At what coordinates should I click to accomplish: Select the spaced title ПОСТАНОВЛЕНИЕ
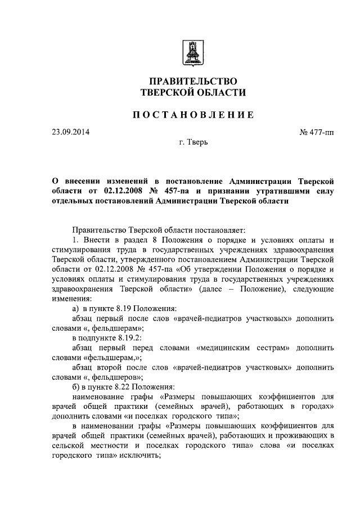point(192,115)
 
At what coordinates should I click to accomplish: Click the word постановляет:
point(218,229)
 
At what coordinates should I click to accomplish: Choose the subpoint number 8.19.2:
point(130,339)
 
